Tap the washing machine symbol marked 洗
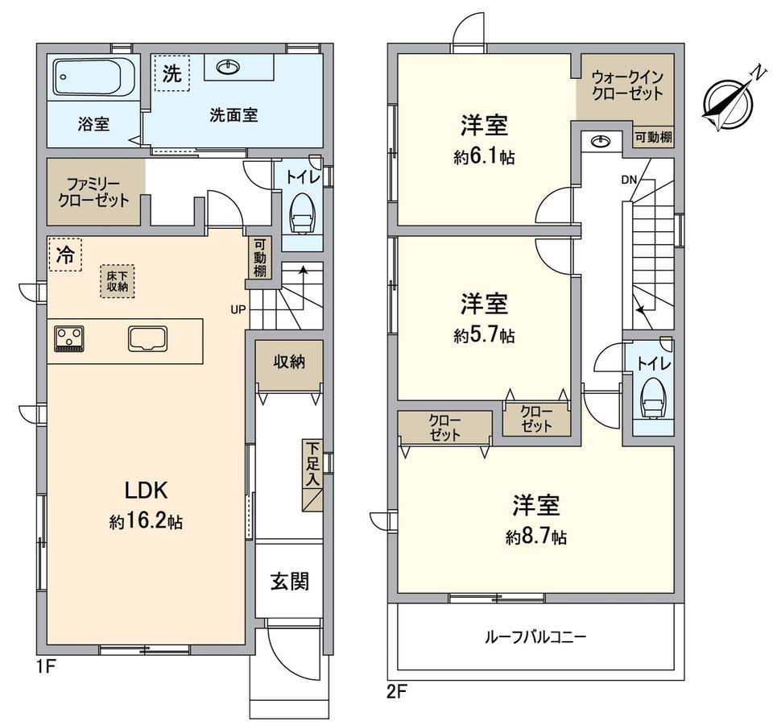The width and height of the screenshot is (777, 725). (172, 73)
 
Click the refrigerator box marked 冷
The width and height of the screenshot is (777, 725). (64, 255)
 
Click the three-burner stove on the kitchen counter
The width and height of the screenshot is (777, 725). (70, 338)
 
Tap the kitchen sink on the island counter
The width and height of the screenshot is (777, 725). (147, 339)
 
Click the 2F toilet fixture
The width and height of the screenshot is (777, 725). (652, 398)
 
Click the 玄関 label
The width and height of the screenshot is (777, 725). (290, 580)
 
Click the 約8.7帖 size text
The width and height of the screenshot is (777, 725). (536, 537)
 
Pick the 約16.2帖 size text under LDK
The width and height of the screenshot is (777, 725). (146, 522)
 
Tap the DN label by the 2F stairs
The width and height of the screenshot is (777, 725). (630, 180)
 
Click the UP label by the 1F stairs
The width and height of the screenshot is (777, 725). (238, 309)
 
